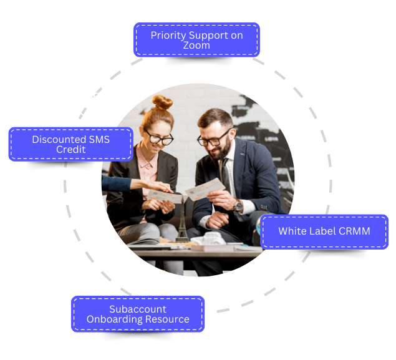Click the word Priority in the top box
tap(168, 36)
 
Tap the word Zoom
tap(196, 46)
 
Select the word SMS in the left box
tap(99, 140)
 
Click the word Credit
tap(70, 150)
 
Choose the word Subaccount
tap(138, 309)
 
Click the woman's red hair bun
tap(162, 102)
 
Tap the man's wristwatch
tap(238, 205)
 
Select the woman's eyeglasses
tap(159, 138)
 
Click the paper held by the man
tap(205, 190)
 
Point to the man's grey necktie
tap(226, 175)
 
